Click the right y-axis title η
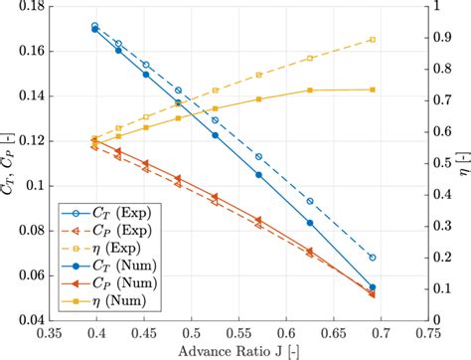click(x=460, y=164)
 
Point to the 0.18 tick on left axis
click(x=40, y=8)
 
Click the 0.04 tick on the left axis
click(x=40, y=320)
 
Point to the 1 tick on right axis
click(x=438, y=8)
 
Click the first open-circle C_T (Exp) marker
click(x=94, y=26)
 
